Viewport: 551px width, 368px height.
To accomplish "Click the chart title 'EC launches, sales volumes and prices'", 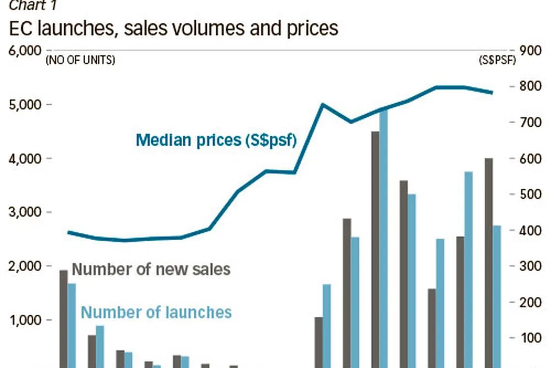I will coord(174,29).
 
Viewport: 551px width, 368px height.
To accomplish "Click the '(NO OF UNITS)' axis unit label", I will coord(80,61).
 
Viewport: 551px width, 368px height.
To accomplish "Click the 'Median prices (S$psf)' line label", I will coord(216,140).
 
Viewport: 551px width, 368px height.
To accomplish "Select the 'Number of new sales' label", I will coord(151,269).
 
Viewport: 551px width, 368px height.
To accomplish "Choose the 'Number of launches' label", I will coord(156,312).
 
